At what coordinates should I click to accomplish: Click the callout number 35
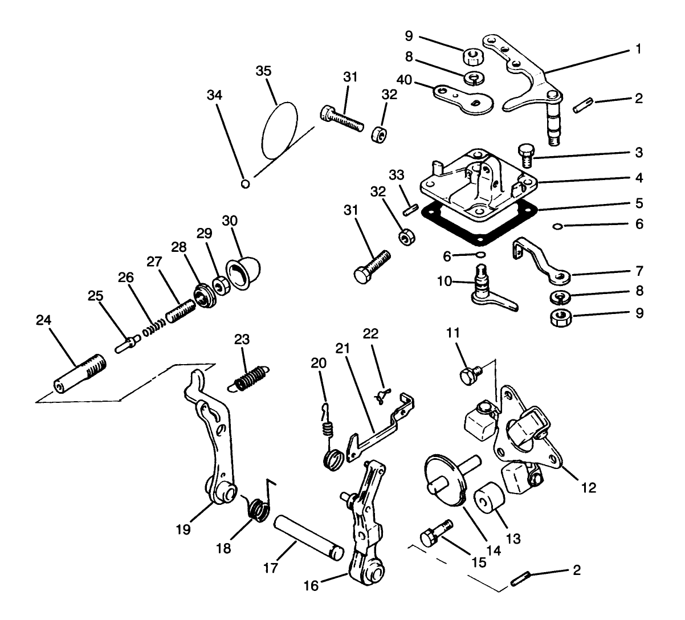click(x=264, y=71)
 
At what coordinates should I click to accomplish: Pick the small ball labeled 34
click(x=246, y=183)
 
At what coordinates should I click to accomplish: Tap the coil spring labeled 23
click(x=250, y=377)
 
